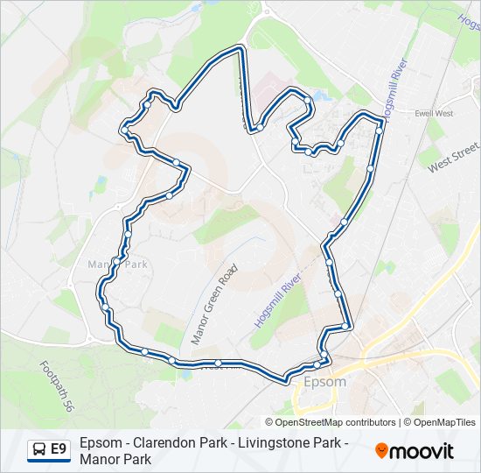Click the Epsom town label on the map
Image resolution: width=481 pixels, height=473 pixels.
[324, 382]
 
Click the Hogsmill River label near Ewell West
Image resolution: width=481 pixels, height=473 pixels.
[394, 87]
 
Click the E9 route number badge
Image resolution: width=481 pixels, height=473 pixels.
[59, 449]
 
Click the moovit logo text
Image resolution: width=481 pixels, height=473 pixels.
[423, 451]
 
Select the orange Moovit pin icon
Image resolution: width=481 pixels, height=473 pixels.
[382, 451]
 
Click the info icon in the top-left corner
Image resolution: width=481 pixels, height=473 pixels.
[9, 9]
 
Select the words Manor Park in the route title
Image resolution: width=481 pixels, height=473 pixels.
[115, 459]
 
